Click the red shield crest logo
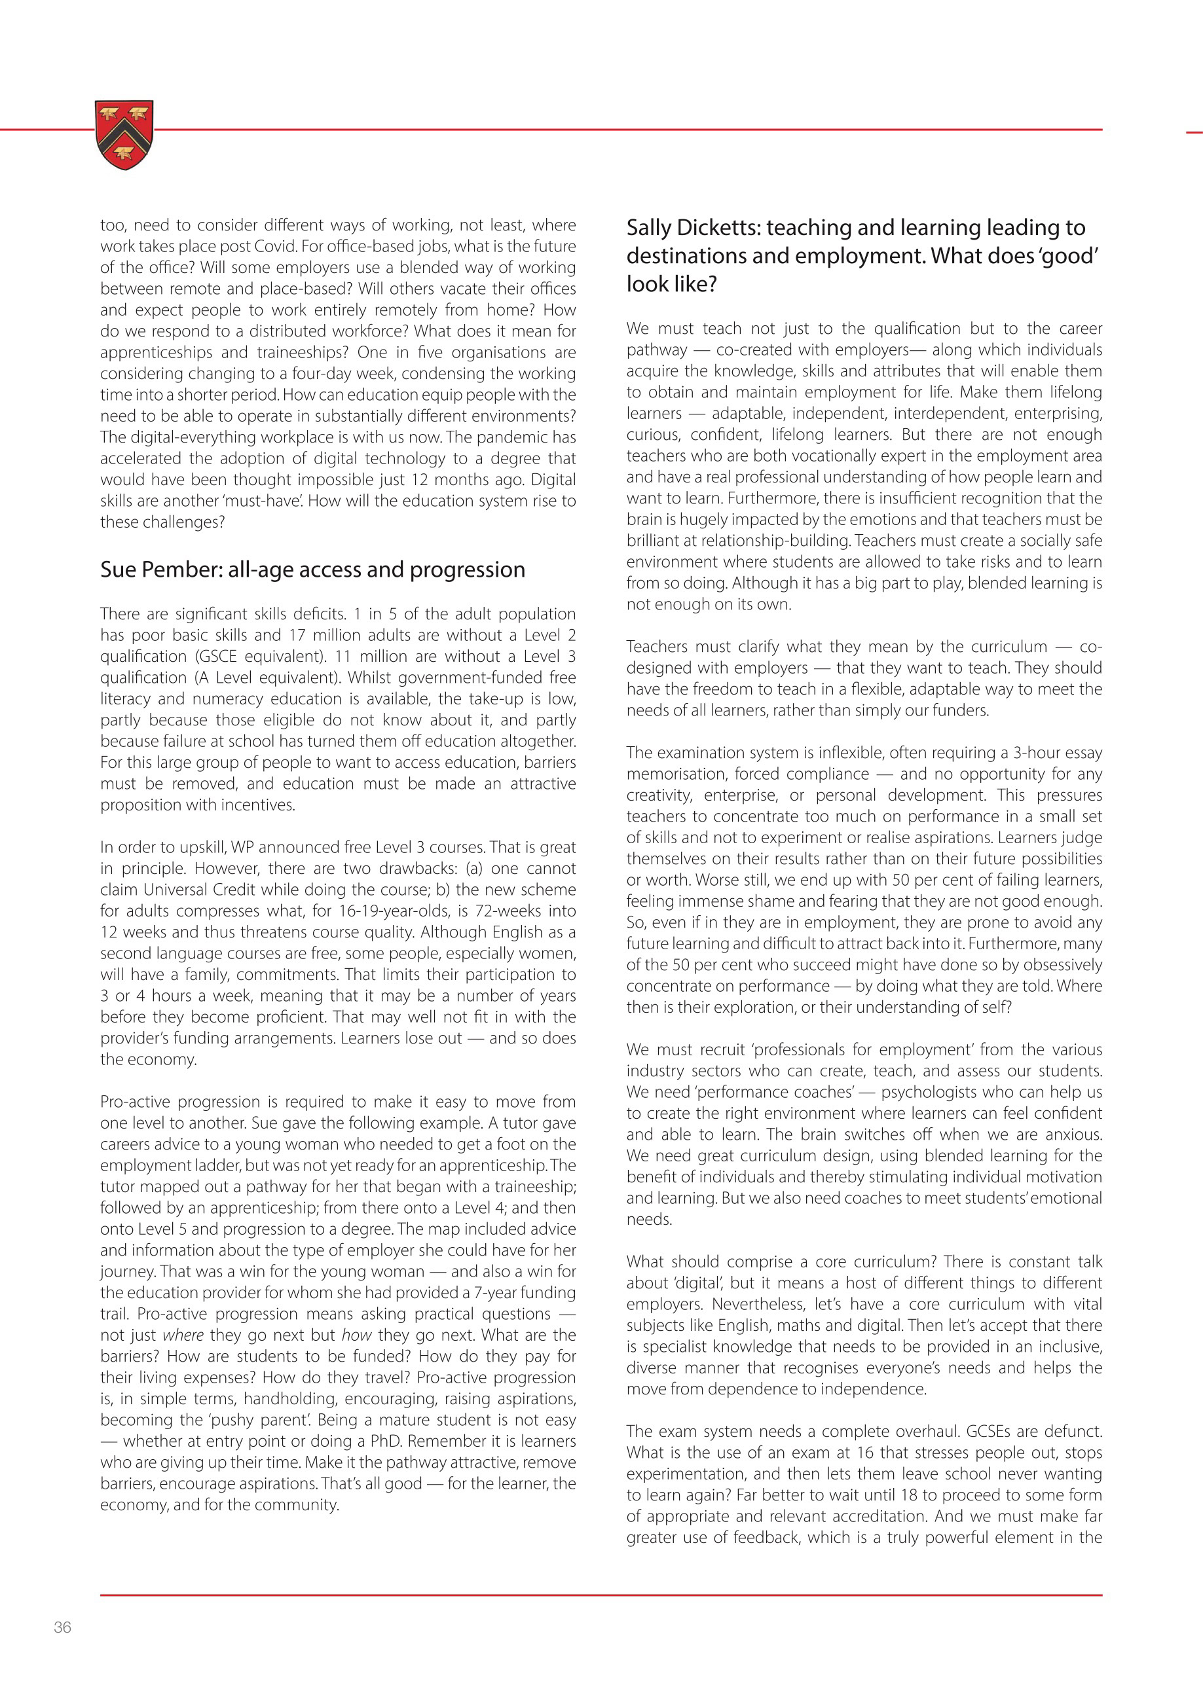[x=124, y=134]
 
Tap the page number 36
[x=63, y=1627]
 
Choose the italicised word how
[x=356, y=1335]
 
